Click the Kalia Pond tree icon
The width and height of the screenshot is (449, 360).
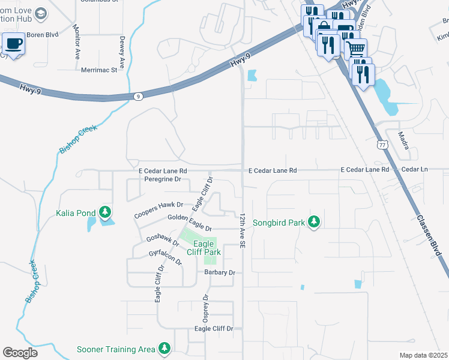[105, 212]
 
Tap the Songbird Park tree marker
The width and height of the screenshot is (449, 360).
[313, 222]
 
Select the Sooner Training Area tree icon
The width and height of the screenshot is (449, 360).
[164, 349]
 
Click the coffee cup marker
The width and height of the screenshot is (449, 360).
[13, 44]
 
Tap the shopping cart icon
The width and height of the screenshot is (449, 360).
[356, 48]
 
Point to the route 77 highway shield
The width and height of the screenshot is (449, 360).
[382, 145]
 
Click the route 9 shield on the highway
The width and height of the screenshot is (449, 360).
[139, 96]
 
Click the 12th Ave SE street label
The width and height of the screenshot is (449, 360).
[242, 230]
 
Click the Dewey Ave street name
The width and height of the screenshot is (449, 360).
[122, 53]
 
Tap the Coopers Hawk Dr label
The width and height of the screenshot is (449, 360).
[158, 205]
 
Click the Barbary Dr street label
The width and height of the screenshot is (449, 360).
[219, 272]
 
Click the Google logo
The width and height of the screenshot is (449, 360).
[20, 353]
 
